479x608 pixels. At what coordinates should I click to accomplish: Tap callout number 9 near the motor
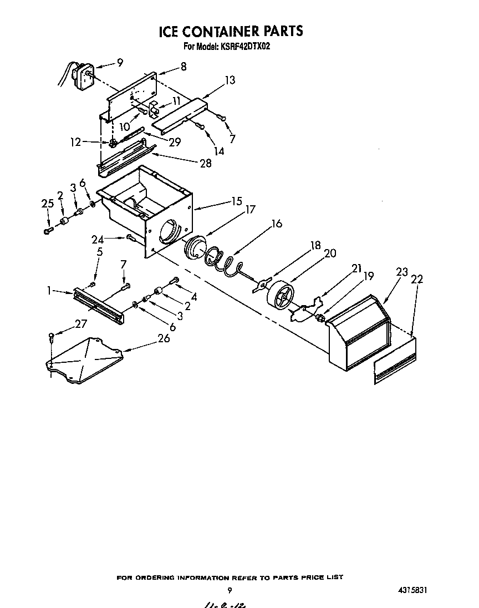pos(120,63)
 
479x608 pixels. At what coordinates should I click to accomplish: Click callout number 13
pos(230,80)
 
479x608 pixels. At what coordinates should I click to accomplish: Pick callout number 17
pos(250,210)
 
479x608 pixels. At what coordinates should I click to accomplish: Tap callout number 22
pos(416,280)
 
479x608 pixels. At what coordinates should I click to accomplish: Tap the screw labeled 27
pos(52,335)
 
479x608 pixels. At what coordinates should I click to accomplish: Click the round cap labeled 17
pos(193,247)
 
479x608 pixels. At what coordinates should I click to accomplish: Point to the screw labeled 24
pos(131,239)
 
